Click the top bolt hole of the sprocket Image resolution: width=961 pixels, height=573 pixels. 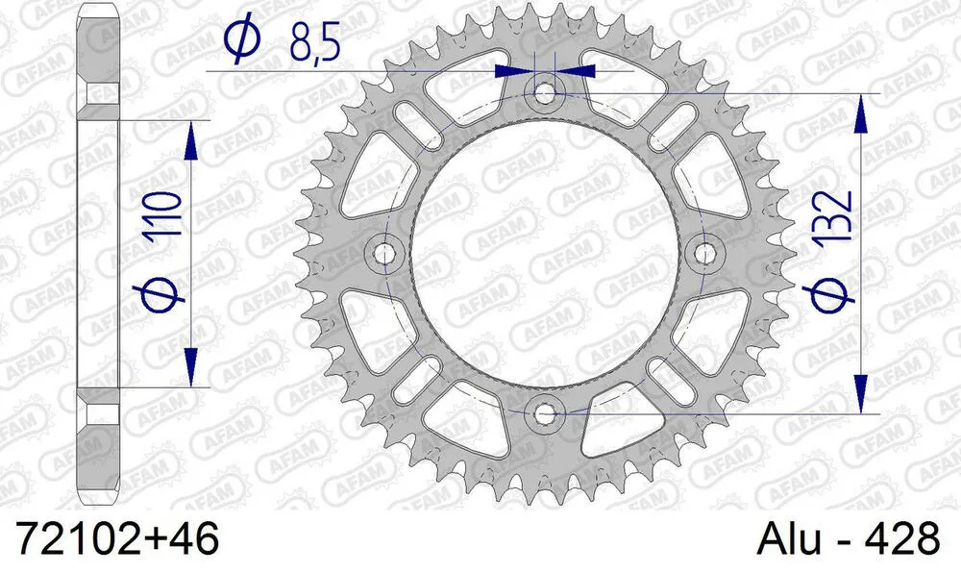546,93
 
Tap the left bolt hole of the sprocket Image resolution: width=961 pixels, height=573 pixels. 386,254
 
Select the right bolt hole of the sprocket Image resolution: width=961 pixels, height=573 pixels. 706,254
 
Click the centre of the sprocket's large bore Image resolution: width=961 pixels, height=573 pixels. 546,254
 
